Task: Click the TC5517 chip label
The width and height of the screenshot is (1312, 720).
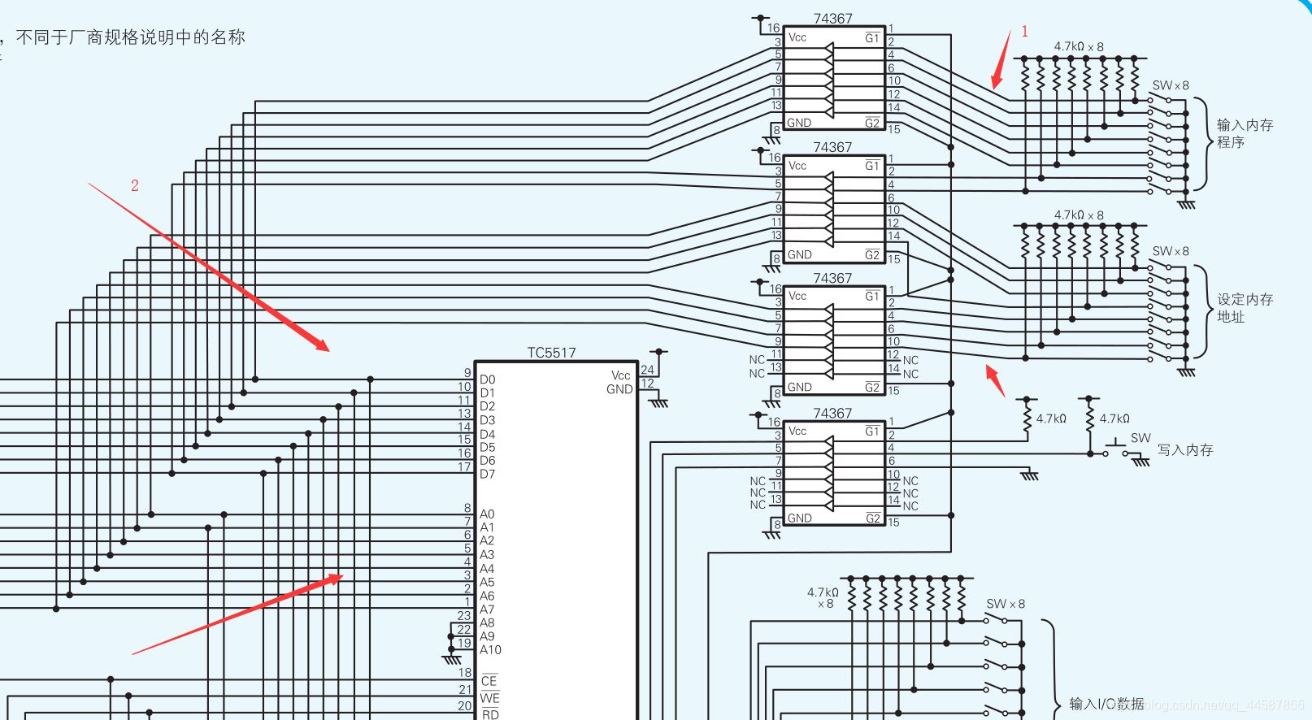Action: click(551, 353)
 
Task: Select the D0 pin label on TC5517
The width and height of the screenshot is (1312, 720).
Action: click(487, 380)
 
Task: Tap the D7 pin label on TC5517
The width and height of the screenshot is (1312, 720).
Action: click(487, 474)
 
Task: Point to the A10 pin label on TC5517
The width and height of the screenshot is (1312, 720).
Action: click(490, 649)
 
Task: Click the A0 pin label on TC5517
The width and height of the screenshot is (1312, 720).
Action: click(487, 514)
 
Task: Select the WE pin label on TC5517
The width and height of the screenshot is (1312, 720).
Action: click(489, 698)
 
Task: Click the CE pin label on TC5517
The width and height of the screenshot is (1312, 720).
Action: click(489, 681)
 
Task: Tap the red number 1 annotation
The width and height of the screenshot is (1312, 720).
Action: click(1024, 32)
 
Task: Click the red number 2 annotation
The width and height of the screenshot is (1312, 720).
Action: click(135, 186)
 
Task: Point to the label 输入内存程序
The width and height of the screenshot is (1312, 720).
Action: click(1244, 133)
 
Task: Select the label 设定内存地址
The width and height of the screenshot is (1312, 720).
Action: click(1244, 308)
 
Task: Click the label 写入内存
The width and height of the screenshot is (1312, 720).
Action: click(1185, 450)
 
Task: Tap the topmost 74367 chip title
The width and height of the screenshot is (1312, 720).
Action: click(832, 19)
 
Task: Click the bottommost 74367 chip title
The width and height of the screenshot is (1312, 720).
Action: click(832, 414)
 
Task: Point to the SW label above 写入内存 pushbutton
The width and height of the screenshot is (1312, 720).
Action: click(1140, 438)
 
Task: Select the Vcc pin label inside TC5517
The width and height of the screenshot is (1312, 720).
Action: click(620, 375)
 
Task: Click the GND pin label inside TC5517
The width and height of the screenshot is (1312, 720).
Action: click(619, 389)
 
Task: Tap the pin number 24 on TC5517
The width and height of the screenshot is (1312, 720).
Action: click(647, 370)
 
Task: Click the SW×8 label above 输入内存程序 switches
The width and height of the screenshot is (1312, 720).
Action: click(1170, 85)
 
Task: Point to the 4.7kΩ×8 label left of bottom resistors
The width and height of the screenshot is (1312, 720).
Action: click(823, 597)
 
